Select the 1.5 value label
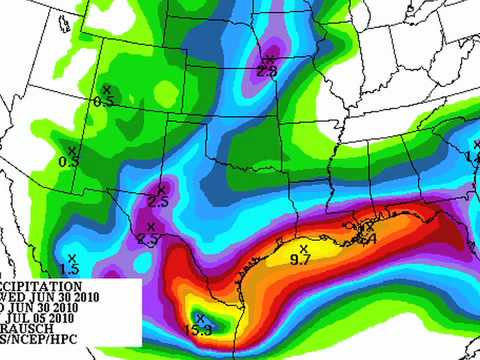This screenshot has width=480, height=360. [x=69, y=270]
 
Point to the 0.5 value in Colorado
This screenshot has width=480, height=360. [x=103, y=101]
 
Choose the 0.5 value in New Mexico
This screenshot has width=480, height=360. [x=69, y=160]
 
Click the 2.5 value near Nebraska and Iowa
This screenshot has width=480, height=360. [x=267, y=71]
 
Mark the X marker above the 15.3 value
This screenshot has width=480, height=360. [x=200, y=318]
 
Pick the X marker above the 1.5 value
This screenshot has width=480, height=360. [x=71, y=257]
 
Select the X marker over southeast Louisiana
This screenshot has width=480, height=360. [x=370, y=228]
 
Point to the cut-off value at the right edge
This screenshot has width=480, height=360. [x=473, y=157]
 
